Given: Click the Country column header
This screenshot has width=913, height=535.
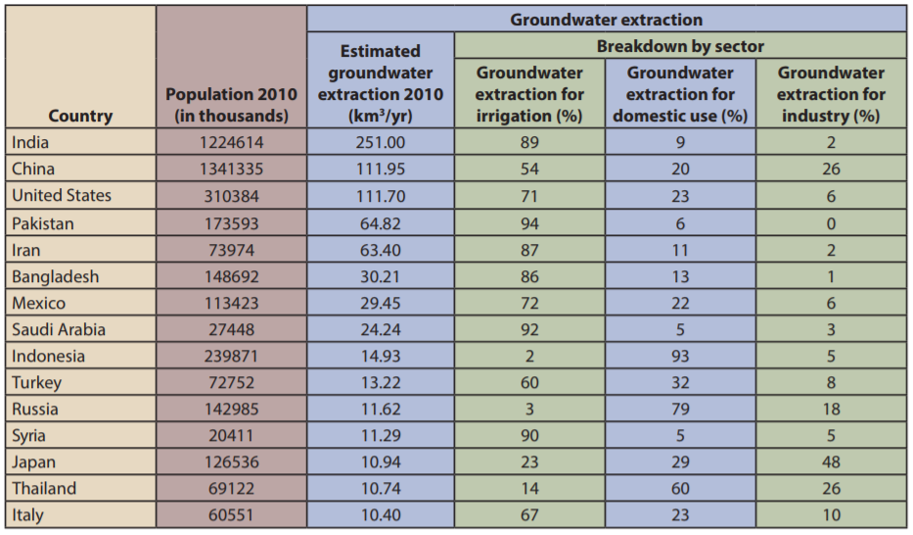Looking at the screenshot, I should tap(80, 116).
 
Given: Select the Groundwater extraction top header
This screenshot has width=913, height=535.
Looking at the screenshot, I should tap(606, 19).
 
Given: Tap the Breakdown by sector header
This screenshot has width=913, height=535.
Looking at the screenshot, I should tap(680, 45).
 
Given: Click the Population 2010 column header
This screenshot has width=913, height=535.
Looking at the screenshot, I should tap(231, 104).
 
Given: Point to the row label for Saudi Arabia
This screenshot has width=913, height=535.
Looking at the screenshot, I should tap(58, 329).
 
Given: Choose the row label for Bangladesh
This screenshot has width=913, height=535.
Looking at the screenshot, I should tap(55, 276).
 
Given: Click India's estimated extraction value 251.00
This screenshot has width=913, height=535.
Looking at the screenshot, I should tap(380, 142).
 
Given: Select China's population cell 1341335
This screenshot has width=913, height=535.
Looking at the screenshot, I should tap(231, 169).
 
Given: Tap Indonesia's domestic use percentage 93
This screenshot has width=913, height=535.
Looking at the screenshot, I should tap(680, 356).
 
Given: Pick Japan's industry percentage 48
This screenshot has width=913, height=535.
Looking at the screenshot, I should tap(831, 462).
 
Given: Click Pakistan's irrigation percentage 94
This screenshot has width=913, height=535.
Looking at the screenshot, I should tap(529, 222).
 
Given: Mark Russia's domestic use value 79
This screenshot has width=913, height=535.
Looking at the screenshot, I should tap(680, 409).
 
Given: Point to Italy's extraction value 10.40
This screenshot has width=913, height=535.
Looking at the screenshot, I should tap(380, 514).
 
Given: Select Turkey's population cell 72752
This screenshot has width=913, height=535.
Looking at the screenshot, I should tap(231, 382).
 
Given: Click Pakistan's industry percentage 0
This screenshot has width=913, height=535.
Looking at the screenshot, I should tap(831, 222).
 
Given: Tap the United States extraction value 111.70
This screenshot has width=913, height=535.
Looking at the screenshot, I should tap(380, 195).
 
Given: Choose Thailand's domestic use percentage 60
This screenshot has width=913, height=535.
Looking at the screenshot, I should tap(680, 488).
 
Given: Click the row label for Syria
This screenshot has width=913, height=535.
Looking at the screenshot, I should tap(28, 435).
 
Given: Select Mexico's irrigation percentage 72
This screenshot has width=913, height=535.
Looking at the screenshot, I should tap(529, 303).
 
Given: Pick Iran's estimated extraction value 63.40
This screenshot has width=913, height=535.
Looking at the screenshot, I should tap(380, 250).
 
